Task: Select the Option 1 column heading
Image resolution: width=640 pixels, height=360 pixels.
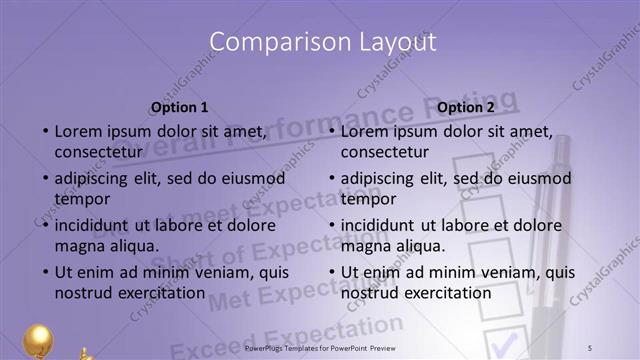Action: (180, 107)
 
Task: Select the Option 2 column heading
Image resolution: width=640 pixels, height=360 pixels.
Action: (466, 107)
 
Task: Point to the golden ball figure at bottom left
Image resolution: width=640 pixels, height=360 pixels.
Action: (38, 341)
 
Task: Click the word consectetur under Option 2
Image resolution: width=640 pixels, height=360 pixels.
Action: (385, 152)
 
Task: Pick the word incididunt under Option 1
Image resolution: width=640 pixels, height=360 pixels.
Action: (98, 226)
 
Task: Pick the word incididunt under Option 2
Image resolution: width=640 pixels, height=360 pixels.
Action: (384, 226)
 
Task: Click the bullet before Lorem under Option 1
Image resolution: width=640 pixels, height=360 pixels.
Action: (44, 132)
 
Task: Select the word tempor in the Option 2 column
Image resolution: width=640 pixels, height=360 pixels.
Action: (369, 198)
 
